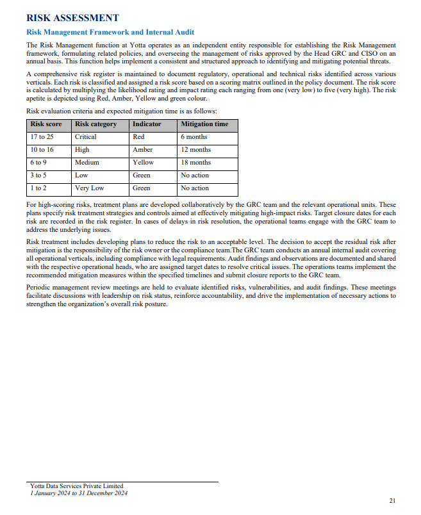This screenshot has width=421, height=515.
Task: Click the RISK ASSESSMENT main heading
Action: tap(72, 18)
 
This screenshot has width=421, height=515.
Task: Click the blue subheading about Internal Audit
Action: tap(110, 32)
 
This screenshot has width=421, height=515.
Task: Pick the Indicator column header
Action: tap(147, 124)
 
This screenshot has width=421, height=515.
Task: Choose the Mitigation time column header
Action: tap(204, 124)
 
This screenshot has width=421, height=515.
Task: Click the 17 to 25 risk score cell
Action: tap(42, 136)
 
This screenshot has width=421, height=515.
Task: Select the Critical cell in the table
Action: tap(86, 136)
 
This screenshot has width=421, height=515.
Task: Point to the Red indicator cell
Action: tap(138, 136)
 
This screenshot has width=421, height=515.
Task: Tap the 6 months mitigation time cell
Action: tap(194, 136)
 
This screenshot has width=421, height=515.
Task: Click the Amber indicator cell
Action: tap(142, 149)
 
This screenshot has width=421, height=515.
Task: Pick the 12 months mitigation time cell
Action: tap(195, 149)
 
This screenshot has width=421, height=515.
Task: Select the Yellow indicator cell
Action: tap(143, 162)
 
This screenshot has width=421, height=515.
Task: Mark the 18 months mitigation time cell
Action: tap(195, 162)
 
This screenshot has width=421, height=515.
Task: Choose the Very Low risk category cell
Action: tap(89, 188)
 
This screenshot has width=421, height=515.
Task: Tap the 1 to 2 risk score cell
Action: tap(39, 188)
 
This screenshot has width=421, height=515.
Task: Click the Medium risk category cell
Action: tap(87, 162)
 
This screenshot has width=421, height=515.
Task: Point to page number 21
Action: tap(393, 500)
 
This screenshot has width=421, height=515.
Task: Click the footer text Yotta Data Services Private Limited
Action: tap(76, 486)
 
